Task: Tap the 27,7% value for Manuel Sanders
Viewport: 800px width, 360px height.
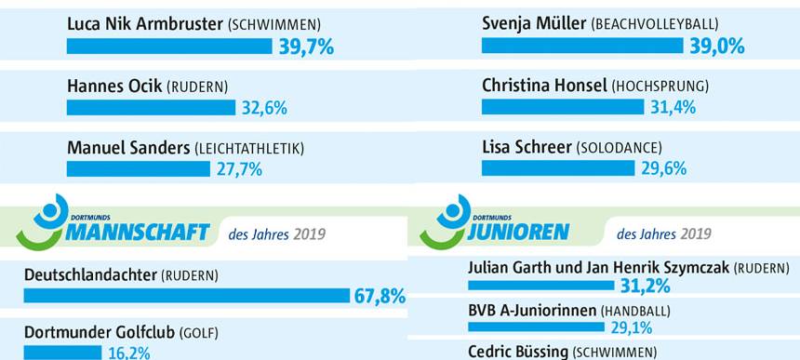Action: click(x=239, y=169)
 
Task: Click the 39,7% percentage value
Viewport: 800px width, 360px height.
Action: click(x=306, y=47)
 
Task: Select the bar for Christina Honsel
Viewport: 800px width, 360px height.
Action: click(x=562, y=107)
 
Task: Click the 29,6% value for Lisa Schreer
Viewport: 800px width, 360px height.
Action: click(x=663, y=168)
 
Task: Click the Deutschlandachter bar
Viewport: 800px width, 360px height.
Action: click(x=186, y=296)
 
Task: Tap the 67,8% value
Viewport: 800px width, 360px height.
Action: click(x=380, y=297)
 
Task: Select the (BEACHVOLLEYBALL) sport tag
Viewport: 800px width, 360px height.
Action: click(x=667, y=23)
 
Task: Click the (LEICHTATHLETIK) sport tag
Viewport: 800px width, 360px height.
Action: click(x=248, y=148)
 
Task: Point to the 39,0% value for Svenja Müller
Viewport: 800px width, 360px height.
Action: click(x=717, y=47)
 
